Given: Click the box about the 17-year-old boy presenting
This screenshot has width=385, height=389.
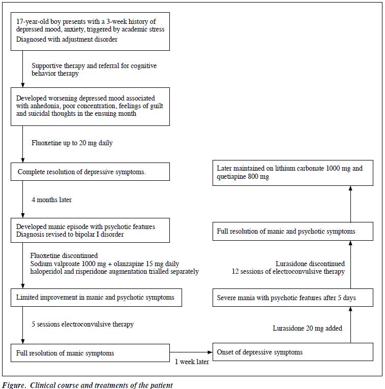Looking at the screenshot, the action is pyautogui.click(x=90, y=31).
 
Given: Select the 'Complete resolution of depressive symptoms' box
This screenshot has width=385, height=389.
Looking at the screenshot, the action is pyautogui.click(x=90, y=172).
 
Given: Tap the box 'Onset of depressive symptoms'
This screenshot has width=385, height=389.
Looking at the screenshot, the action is pyautogui.click(x=293, y=352).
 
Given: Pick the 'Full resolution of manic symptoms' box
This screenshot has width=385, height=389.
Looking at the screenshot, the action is pyautogui.click(x=90, y=353).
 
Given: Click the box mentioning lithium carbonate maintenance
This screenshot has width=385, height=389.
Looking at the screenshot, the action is pyautogui.click(x=293, y=173).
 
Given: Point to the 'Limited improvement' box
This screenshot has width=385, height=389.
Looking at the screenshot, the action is pyautogui.click(x=96, y=298).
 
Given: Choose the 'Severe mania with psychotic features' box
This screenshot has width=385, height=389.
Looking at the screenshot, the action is pyautogui.click(x=293, y=298).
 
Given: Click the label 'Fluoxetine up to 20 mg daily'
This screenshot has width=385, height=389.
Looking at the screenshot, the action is pyautogui.click(x=72, y=143).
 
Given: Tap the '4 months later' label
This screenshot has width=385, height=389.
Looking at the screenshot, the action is pyautogui.click(x=52, y=200).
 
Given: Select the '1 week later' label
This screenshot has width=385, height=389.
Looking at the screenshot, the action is pyautogui.click(x=192, y=362).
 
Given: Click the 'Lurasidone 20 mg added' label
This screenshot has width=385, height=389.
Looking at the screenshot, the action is pyautogui.click(x=308, y=328).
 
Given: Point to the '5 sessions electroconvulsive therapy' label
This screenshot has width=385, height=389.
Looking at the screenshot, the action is pyautogui.click(x=82, y=324).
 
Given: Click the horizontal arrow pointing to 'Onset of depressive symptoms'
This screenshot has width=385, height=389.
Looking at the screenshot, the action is pyautogui.click(x=191, y=352).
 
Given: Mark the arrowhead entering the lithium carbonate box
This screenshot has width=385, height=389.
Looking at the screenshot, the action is pyautogui.click(x=350, y=188).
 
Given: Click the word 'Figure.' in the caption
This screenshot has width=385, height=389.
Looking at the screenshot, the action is pyautogui.click(x=14, y=385).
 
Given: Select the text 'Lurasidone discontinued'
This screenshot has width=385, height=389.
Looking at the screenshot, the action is pyautogui.click(x=310, y=264).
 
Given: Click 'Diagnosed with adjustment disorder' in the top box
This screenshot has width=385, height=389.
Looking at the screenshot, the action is pyautogui.click(x=67, y=39).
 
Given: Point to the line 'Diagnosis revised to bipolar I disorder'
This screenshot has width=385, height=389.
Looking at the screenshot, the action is pyautogui.click(x=70, y=234).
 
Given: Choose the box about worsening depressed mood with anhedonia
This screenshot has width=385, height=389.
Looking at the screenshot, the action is pyautogui.click(x=90, y=107).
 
